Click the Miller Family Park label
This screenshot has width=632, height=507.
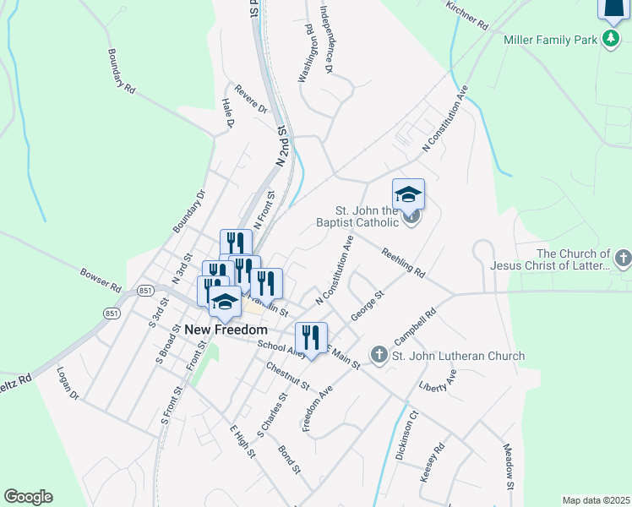tap(551, 40)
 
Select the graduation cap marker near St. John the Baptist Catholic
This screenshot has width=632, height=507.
tap(408, 194)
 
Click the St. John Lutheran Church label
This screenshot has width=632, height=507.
tap(458, 356)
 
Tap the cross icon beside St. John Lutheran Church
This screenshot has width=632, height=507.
tap(379, 355)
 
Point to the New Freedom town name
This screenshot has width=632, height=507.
tap(226, 330)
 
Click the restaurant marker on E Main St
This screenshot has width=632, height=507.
tap(311, 338)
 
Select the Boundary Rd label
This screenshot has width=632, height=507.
tap(122, 70)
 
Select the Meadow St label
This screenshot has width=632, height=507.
tap(509, 466)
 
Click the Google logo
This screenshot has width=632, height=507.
tap(28, 497)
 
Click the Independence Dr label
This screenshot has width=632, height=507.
tap(328, 40)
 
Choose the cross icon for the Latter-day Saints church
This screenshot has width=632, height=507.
tap(623, 259)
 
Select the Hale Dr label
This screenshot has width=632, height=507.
tap(227, 113)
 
